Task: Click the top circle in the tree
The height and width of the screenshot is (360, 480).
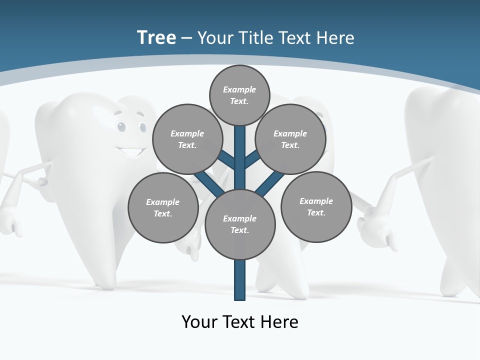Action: click(239, 95)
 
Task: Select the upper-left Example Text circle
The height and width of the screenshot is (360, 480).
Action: click(187, 139)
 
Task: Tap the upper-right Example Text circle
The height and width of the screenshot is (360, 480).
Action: click(290, 139)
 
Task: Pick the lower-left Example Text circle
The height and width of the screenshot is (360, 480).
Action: click(163, 207)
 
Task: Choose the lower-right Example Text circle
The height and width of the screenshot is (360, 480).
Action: click(316, 206)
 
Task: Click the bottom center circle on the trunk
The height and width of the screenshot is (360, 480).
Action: click(240, 224)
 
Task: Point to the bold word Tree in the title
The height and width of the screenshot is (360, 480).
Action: click(156, 37)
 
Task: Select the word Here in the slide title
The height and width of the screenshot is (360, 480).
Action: click(335, 37)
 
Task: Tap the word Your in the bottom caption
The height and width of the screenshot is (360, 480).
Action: click(200, 322)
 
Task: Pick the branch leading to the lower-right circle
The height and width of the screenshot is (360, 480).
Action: click(270, 184)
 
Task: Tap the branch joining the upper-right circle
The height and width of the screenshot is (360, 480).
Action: click(252, 160)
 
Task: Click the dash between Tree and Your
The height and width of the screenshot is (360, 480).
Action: click(186, 38)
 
